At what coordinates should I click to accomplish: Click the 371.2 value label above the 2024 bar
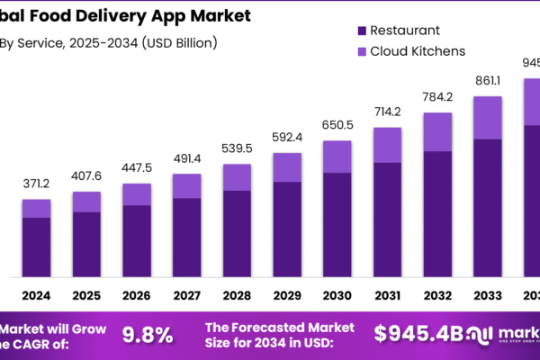coord(37,184)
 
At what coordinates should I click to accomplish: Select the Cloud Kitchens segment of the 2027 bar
coord(187,185)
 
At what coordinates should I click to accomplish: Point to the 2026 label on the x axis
coord(137,294)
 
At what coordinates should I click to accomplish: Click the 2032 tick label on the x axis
coord(437,294)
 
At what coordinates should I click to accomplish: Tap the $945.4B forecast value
coord(419,335)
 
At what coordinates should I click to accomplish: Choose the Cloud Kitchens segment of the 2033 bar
coord(488,117)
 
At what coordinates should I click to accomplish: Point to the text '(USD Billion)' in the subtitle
coord(175,41)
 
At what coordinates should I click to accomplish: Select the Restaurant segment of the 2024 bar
coord(37,247)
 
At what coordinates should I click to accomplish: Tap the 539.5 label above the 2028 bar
coord(238,148)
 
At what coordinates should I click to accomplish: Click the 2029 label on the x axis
coord(287,294)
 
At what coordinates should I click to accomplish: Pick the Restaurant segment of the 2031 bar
coord(387,219)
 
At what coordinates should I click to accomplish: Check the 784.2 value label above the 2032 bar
coord(437,96)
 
